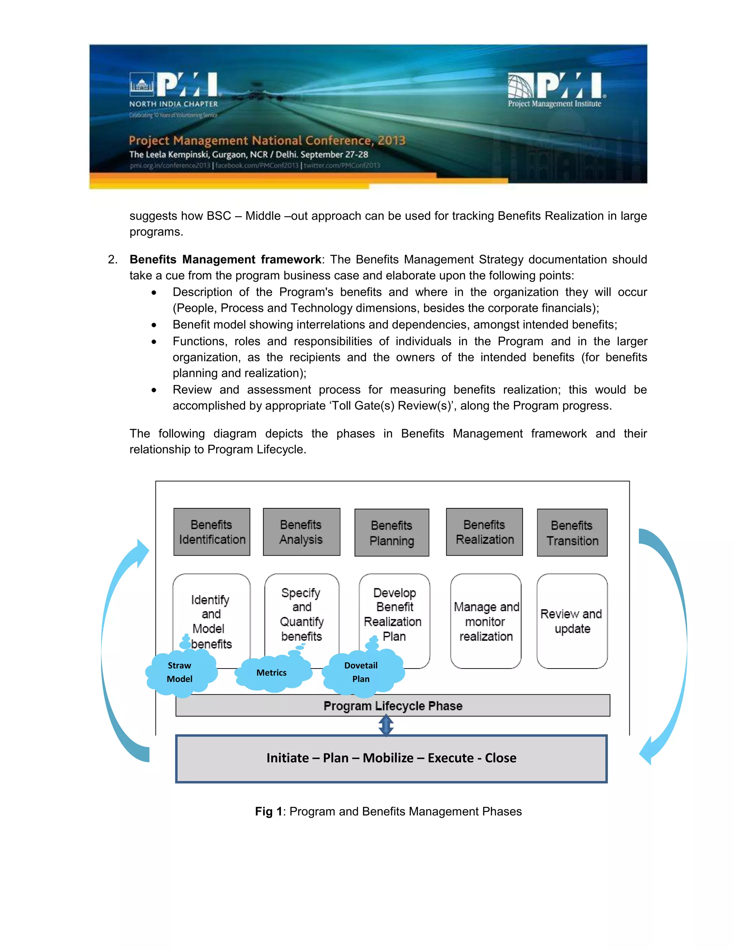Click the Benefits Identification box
(x=212, y=532)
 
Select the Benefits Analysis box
(x=301, y=532)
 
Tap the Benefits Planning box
(x=391, y=532)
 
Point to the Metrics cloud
(x=272, y=673)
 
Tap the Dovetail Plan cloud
(x=362, y=673)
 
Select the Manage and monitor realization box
(x=485, y=621)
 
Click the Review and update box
(x=572, y=621)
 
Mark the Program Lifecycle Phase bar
(x=393, y=706)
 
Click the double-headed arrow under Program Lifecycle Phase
(x=386, y=726)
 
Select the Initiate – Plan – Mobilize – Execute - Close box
(x=391, y=759)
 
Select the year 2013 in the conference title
(x=391, y=141)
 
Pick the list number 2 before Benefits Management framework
(x=112, y=260)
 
